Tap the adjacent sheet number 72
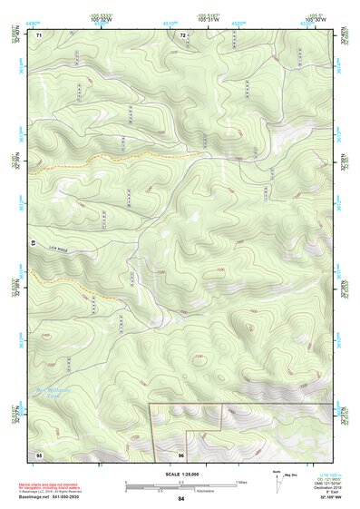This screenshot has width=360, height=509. click(x=182, y=34)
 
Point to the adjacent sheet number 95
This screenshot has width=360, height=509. click(x=39, y=454)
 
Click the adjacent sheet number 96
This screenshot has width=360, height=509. click(x=181, y=455)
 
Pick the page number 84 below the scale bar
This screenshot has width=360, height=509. click(x=181, y=499)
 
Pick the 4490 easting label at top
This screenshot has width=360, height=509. click(x=34, y=15)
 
